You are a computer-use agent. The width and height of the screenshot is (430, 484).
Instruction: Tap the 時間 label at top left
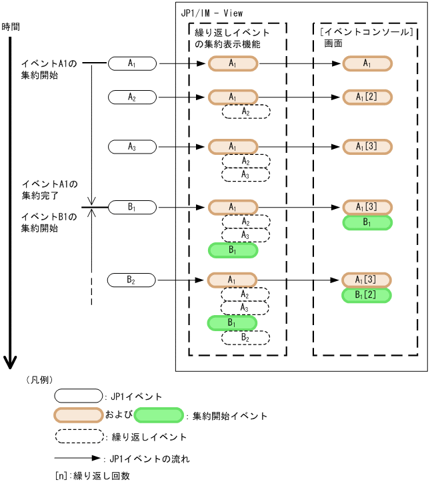coord(11,27)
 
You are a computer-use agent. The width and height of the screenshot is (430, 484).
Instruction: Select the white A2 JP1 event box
coord(132,97)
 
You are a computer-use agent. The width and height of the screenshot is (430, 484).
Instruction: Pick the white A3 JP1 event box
coord(132,146)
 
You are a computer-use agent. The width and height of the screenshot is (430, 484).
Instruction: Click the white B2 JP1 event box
coord(132,279)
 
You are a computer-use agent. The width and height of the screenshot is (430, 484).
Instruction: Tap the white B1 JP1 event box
coord(132,208)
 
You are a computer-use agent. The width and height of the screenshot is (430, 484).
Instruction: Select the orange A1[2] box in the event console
coord(367,97)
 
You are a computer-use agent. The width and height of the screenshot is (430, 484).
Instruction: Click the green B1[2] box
coord(367,295)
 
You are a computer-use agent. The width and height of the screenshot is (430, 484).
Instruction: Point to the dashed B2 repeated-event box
coord(246,338)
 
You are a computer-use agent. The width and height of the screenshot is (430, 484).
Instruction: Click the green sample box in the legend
coord(159,415)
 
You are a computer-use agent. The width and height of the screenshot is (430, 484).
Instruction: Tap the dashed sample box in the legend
coord(79,437)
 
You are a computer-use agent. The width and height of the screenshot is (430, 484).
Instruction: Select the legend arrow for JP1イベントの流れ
coord(79,459)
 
